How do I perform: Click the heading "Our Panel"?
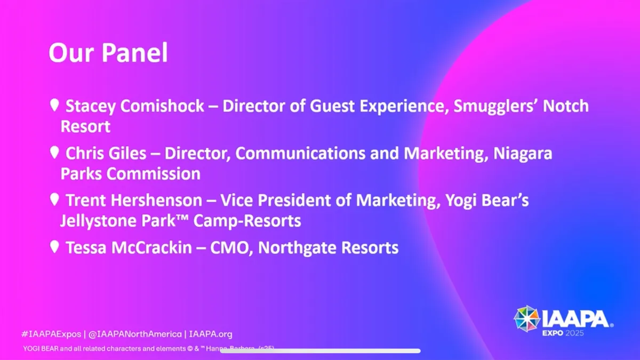(x=108, y=53)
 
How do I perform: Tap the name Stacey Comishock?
(x=134, y=106)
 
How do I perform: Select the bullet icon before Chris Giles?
(x=54, y=153)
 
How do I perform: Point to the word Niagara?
(x=523, y=154)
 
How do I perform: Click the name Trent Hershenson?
(x=134, y=201)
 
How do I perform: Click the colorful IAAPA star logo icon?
(x=526, y=318)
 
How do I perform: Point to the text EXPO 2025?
(x=562, y=333)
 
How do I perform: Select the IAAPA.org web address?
(x=211, y=334)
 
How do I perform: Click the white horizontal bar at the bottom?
(x=321, y=351)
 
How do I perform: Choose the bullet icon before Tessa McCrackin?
(x=54, y=247)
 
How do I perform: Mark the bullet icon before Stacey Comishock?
(x=54, y=105)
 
